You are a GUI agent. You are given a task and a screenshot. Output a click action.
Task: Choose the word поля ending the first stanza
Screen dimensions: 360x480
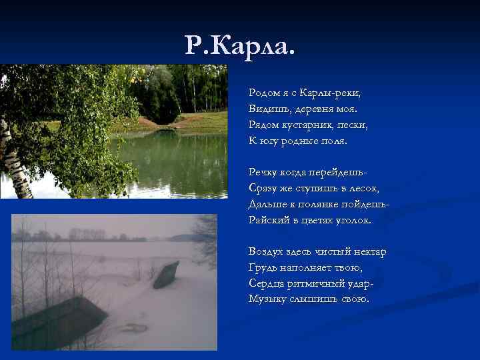334,141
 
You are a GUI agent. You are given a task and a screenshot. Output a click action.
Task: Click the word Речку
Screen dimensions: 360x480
264,173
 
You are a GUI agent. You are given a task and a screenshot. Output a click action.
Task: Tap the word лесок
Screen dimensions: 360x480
364,189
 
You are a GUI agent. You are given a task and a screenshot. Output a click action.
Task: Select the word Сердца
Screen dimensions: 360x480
267,283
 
